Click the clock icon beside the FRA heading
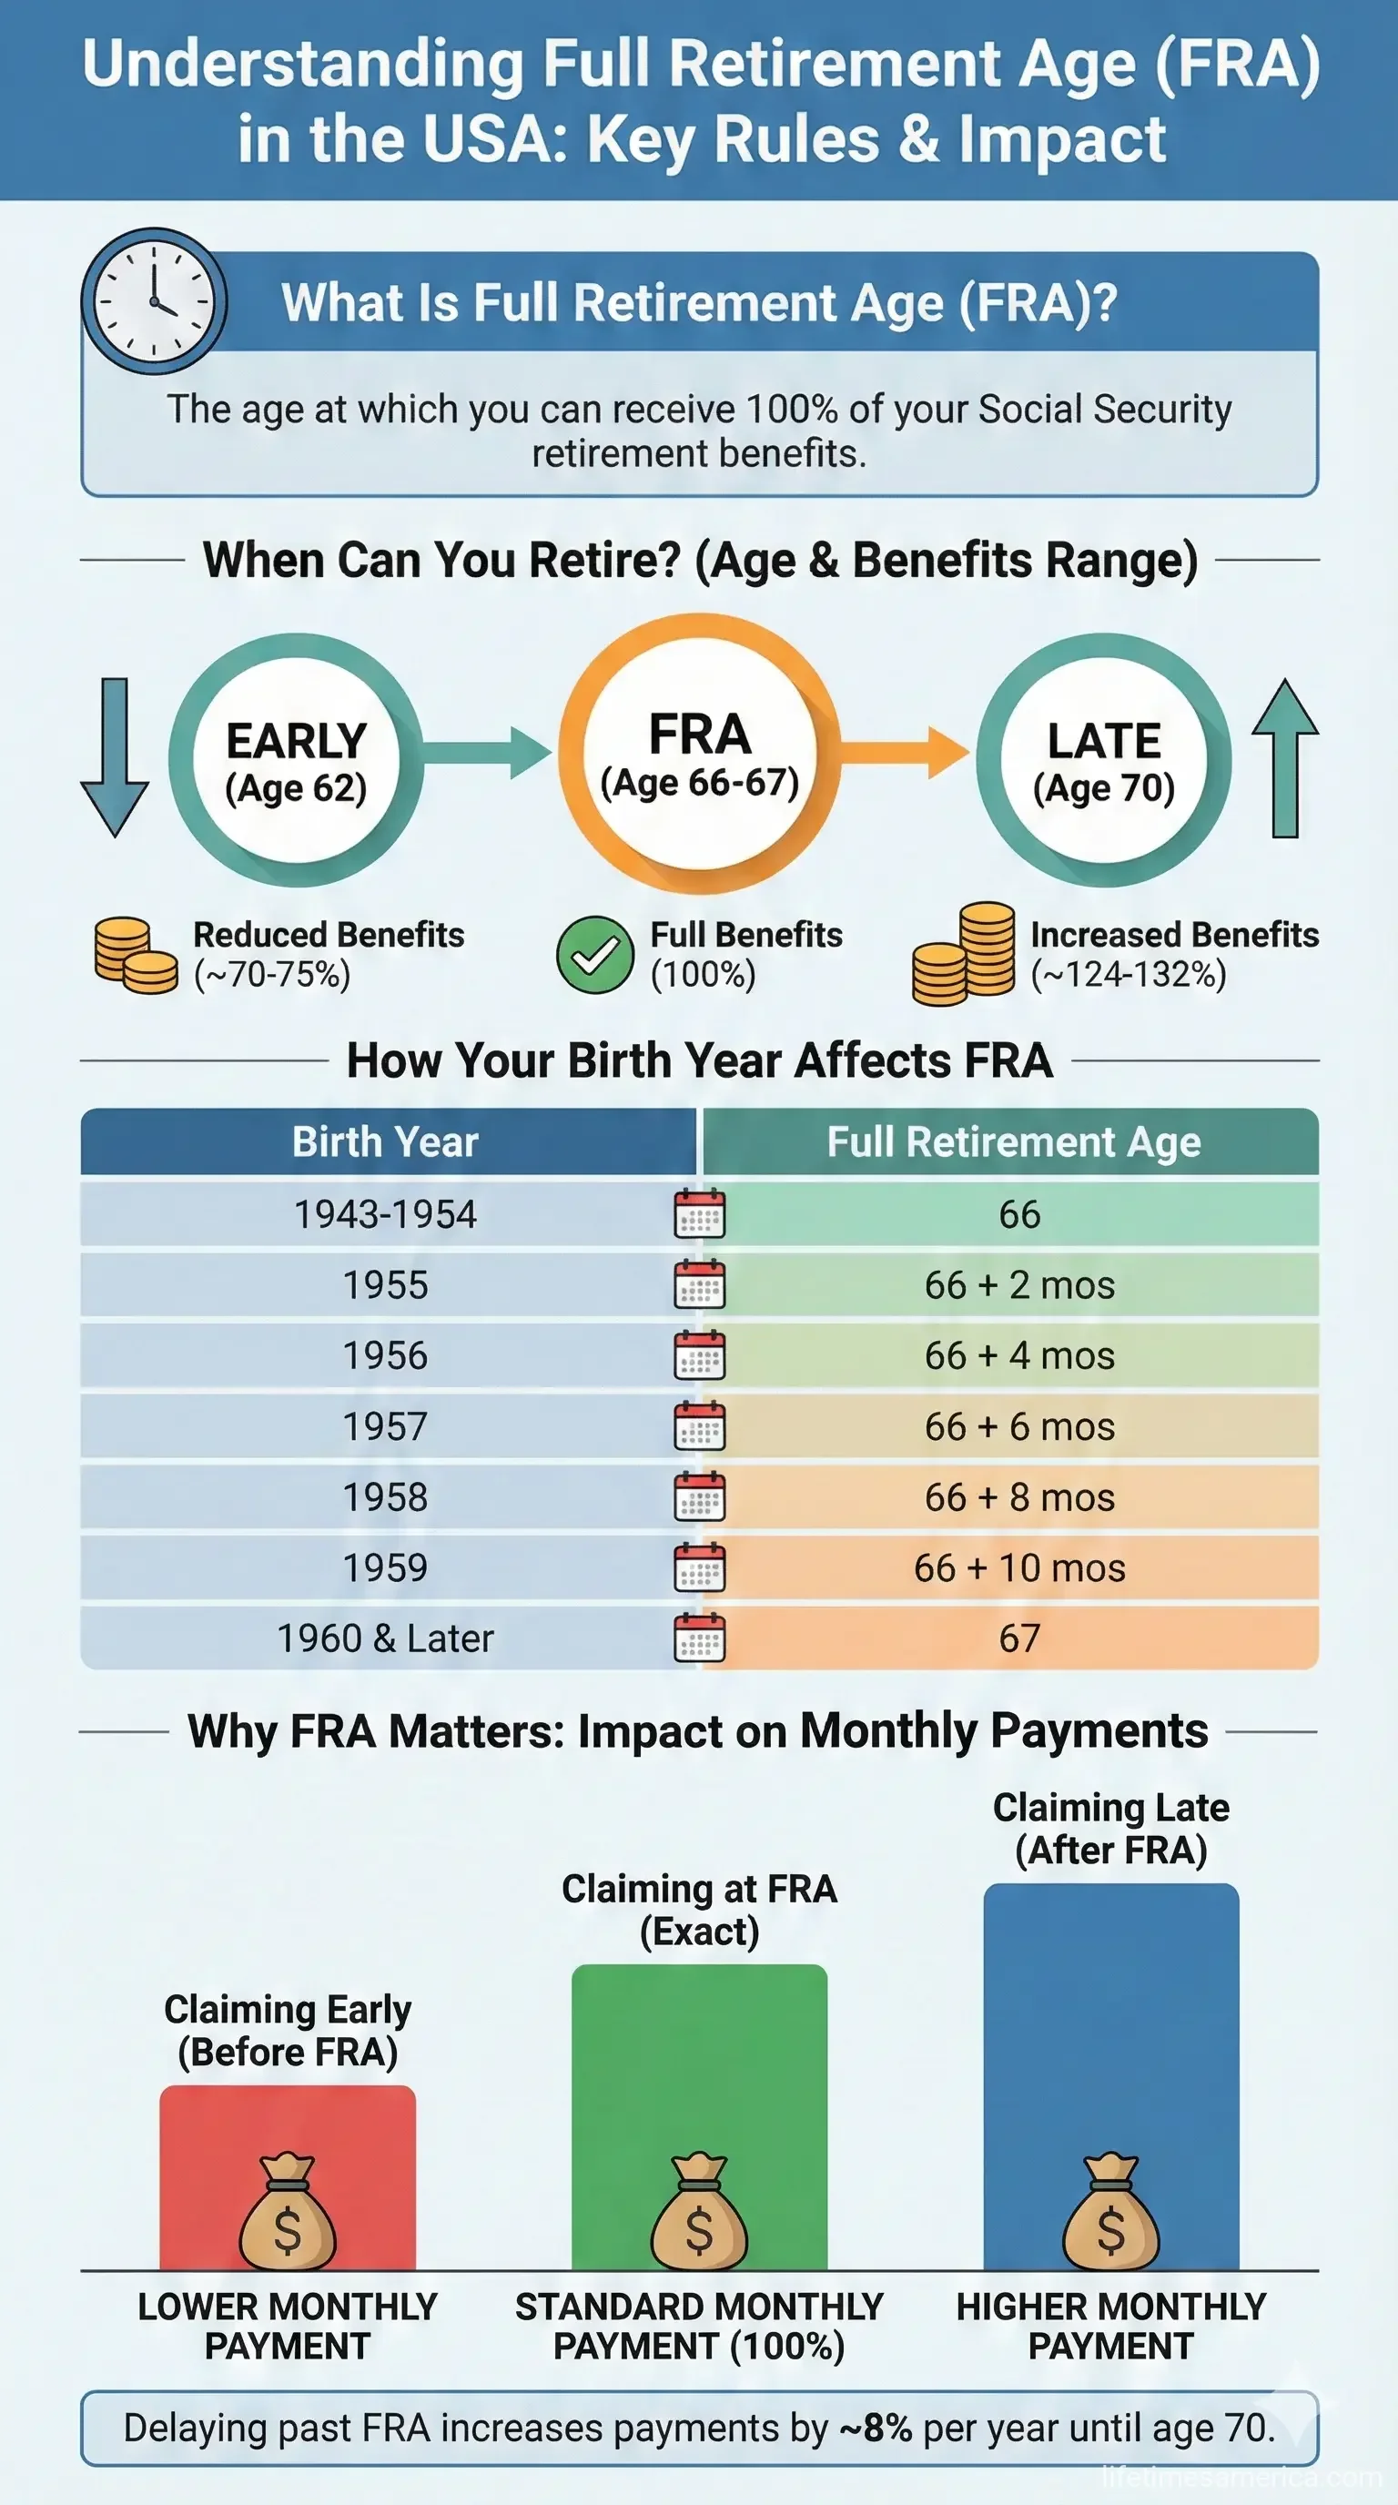click(x=154, y=301)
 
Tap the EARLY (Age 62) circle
click(x=296, y=760)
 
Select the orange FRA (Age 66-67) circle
click(x=699, y=755)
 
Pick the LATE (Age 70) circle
click(x=1103, y=760)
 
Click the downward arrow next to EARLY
click(x=115, y=756)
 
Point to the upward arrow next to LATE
click(x=1284, y=756)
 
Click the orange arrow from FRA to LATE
click(x=904, y=752)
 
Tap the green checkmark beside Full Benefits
click(x=595, y=955)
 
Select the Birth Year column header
click(x=386, y=1141)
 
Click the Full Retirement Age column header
click(x=1013, y=1141)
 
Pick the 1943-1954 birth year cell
click(x=386, y=1213)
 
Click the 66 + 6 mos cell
click(x=1018, y=1426)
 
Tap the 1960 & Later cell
click(x=386, y=1638)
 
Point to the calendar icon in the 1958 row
click(x=700, y=1497)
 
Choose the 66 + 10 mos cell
click(x=1018, y=1567)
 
